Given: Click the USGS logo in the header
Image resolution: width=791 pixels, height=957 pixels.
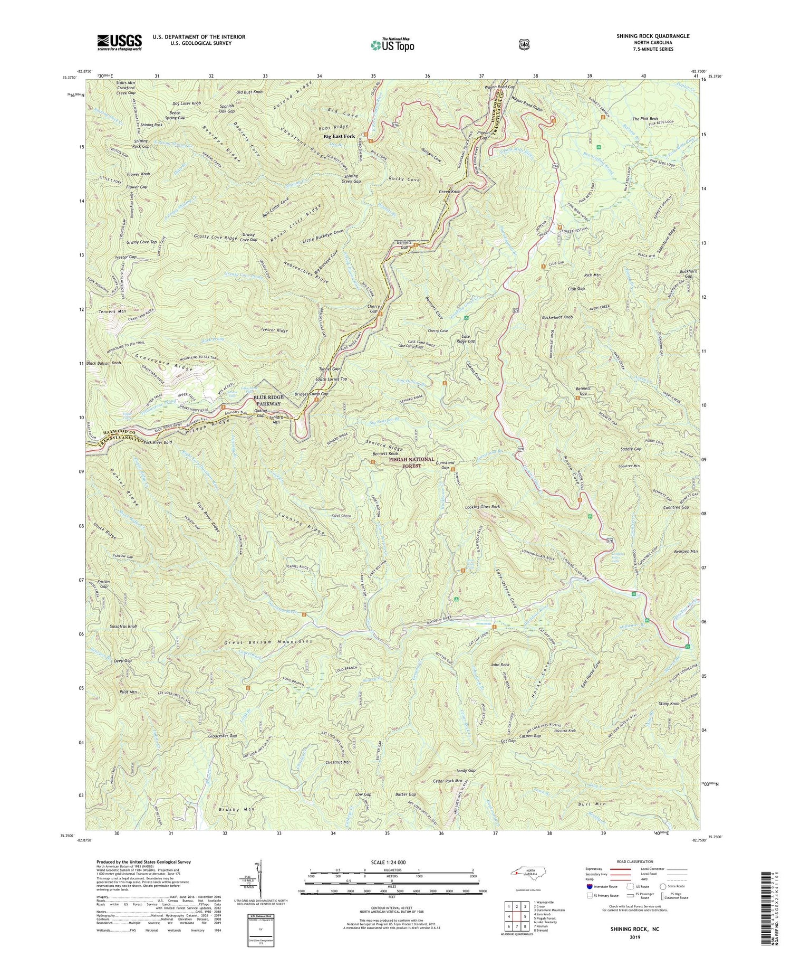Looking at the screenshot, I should [x=119, y=42].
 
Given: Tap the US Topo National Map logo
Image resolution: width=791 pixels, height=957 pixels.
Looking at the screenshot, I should [x=392, y=44].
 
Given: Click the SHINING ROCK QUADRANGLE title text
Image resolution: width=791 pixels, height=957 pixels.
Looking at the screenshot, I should [x=653, y=36].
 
